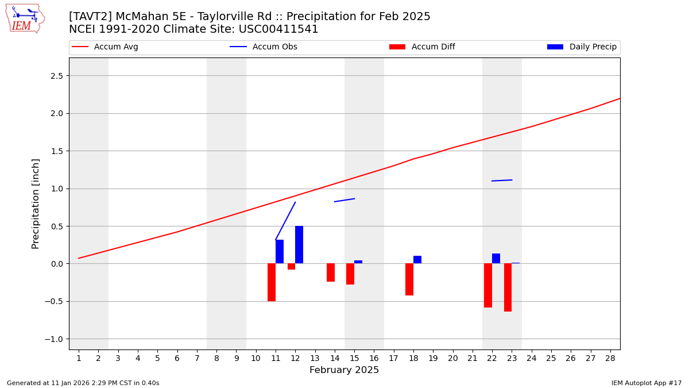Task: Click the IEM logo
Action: [25, 18]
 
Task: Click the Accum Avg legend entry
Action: [115, 47]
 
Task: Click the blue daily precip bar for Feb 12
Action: [299, 245]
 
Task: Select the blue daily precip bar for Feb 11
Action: [280, 252]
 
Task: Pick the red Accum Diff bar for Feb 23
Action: [508, 287]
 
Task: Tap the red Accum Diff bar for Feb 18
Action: [409, 279]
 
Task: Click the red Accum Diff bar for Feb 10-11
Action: [272, 282]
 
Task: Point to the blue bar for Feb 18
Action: [417, 260]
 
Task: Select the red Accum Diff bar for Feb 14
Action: [331, 272]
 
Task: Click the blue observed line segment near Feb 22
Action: [502, 180]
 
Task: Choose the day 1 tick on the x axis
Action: [79, 359]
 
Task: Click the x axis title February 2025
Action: [344, 370]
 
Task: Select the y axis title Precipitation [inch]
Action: [36, 203]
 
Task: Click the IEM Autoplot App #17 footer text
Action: [647, 383]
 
